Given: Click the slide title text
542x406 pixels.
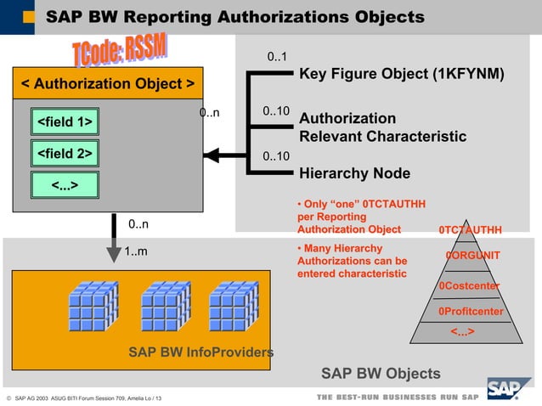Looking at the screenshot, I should pyautogui.click(x=234, y=17).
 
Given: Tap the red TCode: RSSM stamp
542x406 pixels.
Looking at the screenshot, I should pyautogui.click(x=120, y=53).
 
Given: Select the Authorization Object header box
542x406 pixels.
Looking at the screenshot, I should pyautogui.click(x=107, y=84).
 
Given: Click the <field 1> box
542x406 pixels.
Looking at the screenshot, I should pyautogui.click(x=65, y=123).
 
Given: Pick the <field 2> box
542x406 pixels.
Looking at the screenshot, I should pyautogui.click(x=65, y=154).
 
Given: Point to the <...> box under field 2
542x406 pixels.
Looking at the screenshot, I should pyautogui.click(x=65, y=184).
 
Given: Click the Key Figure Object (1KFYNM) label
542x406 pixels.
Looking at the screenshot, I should pyautogui.click(x=402, y=74).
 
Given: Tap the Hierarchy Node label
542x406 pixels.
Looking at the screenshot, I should pyautogui.click(x=355, y=173).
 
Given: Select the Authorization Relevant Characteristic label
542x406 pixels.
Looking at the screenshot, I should pyautogui.click(x=382, y=127).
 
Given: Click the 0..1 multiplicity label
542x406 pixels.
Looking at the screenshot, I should pyautogui.click(x=276, y=58).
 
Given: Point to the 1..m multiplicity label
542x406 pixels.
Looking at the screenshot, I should pyautogui.click(x=136, y=251).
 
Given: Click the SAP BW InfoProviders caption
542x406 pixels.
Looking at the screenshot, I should pyautogui.click(x=200, y=352).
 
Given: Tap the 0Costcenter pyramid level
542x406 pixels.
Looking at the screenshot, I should pyautogui.click(x=469, y=285).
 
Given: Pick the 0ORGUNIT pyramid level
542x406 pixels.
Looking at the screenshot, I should pyautogui.click(x=472, y=256).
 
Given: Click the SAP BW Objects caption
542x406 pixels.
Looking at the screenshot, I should pyautogui.click(x=381, y=373).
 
